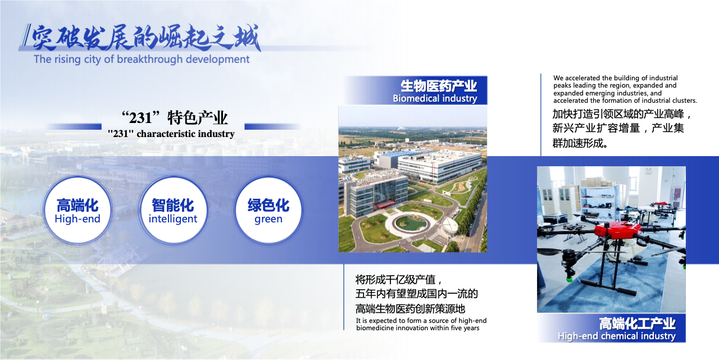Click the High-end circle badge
[x=78, y=211]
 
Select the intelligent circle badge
[x=173, y=211]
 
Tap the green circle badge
[x=269, y=211]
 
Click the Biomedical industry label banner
[x=416, y=90]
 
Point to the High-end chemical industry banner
[x=612, y=328]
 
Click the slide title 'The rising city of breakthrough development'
[x=142, y=60]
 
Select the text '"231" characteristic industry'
[x=171, y=134]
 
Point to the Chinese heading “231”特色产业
[x=174, y=117]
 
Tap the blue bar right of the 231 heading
[x=272, y=127]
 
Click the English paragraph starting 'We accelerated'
[x=625, y=89]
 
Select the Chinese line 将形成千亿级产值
[x=399, y=280]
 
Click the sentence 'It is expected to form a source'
[x=421, y=324]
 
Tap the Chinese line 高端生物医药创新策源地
[x=410, y=309]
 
